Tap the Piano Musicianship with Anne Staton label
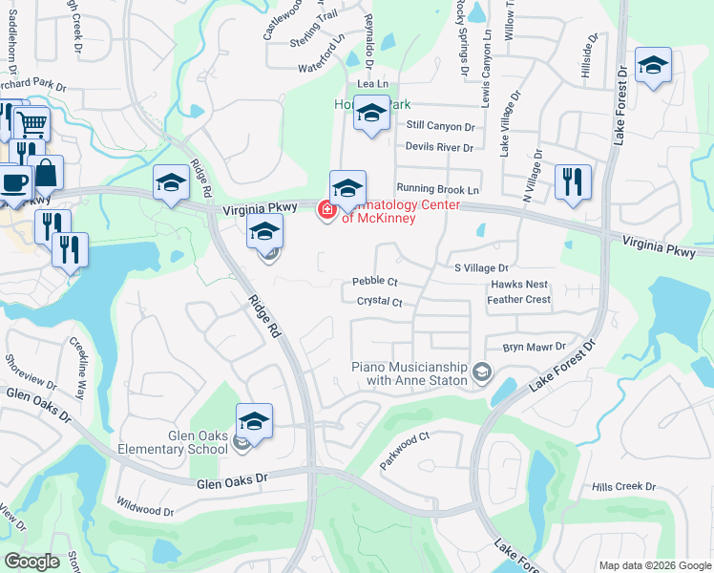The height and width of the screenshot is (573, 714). tap(409, 373)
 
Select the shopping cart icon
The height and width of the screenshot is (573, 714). tap(31, 122)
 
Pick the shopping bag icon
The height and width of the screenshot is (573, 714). tap(46, 174)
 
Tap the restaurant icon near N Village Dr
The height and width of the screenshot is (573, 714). tap(573, 182)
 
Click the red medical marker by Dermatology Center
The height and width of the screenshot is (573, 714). tap(326, 209)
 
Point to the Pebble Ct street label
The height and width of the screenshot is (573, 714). tap(374, 282)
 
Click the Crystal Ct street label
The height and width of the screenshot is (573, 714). tap(380, 302)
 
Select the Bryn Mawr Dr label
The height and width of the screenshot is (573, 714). tap(535, 348)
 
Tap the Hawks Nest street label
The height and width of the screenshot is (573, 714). tap(519, 285)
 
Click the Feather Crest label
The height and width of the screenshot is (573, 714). tap(518, 300)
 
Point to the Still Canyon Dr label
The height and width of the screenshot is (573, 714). tap(440, 126)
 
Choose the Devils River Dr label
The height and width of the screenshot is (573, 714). tap(439, 147)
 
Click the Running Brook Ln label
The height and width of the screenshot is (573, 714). tap(437, 190)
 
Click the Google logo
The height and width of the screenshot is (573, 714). tap(31, 562)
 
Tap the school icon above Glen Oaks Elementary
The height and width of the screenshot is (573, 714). tap(254, 421)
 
